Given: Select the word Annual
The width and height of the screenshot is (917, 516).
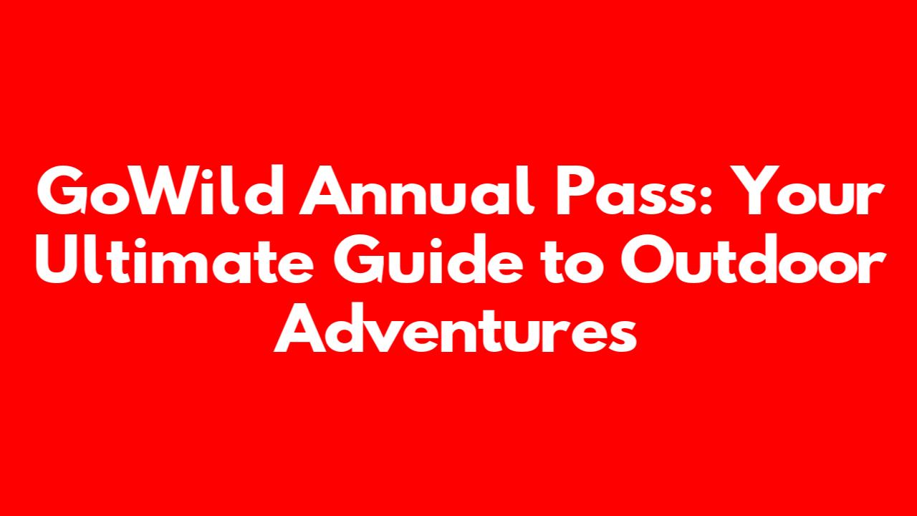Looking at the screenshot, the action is [417, 190].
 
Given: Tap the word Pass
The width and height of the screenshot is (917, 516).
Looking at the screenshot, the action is [627, 191].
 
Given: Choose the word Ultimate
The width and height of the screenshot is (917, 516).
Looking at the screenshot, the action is [175, 259].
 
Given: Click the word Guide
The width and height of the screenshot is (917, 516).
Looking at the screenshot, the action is [428, 259].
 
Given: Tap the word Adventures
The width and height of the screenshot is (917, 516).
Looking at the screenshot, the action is [455, 328].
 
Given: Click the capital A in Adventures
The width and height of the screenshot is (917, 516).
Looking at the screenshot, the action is [299, 328].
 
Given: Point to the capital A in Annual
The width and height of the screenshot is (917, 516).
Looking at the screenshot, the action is [325, 191].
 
